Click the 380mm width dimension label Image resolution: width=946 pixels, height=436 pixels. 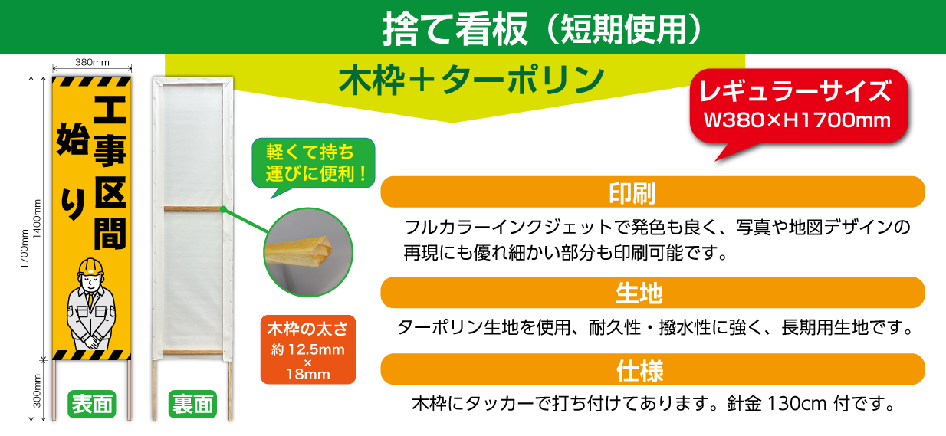(x=92, y=62)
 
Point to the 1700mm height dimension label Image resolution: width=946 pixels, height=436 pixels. (x=25, y=248)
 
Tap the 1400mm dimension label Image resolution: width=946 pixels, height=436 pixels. (x=37, y=218)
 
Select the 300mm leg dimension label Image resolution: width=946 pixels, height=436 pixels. (x=37, y=391)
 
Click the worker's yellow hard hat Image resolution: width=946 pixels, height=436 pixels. (x=90, y=267)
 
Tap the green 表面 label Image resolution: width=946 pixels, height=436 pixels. (x=92, y=404)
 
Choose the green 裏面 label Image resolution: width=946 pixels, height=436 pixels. (x=192, y=404)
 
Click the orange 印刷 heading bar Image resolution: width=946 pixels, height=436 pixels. (x=652, y=192)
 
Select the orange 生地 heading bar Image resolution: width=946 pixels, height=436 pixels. (x=652, y=293)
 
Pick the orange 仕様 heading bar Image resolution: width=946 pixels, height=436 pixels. (x=652, y=369)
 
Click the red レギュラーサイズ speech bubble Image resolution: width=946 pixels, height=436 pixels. (x=798, y=106)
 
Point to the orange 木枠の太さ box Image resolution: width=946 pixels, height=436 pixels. (x=308, y=349)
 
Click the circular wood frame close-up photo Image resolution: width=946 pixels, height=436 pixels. (x=308, y=252)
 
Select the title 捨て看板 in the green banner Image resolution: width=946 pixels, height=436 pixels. (x=455, y=28)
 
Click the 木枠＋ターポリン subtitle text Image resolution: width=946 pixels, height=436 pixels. (x=471, y=80)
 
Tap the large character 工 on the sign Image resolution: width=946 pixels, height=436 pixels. (x=110, y=110)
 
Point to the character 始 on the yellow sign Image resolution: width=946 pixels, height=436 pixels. (x=73, y=139)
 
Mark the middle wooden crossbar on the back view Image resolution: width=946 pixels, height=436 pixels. (x=192, y=208)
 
